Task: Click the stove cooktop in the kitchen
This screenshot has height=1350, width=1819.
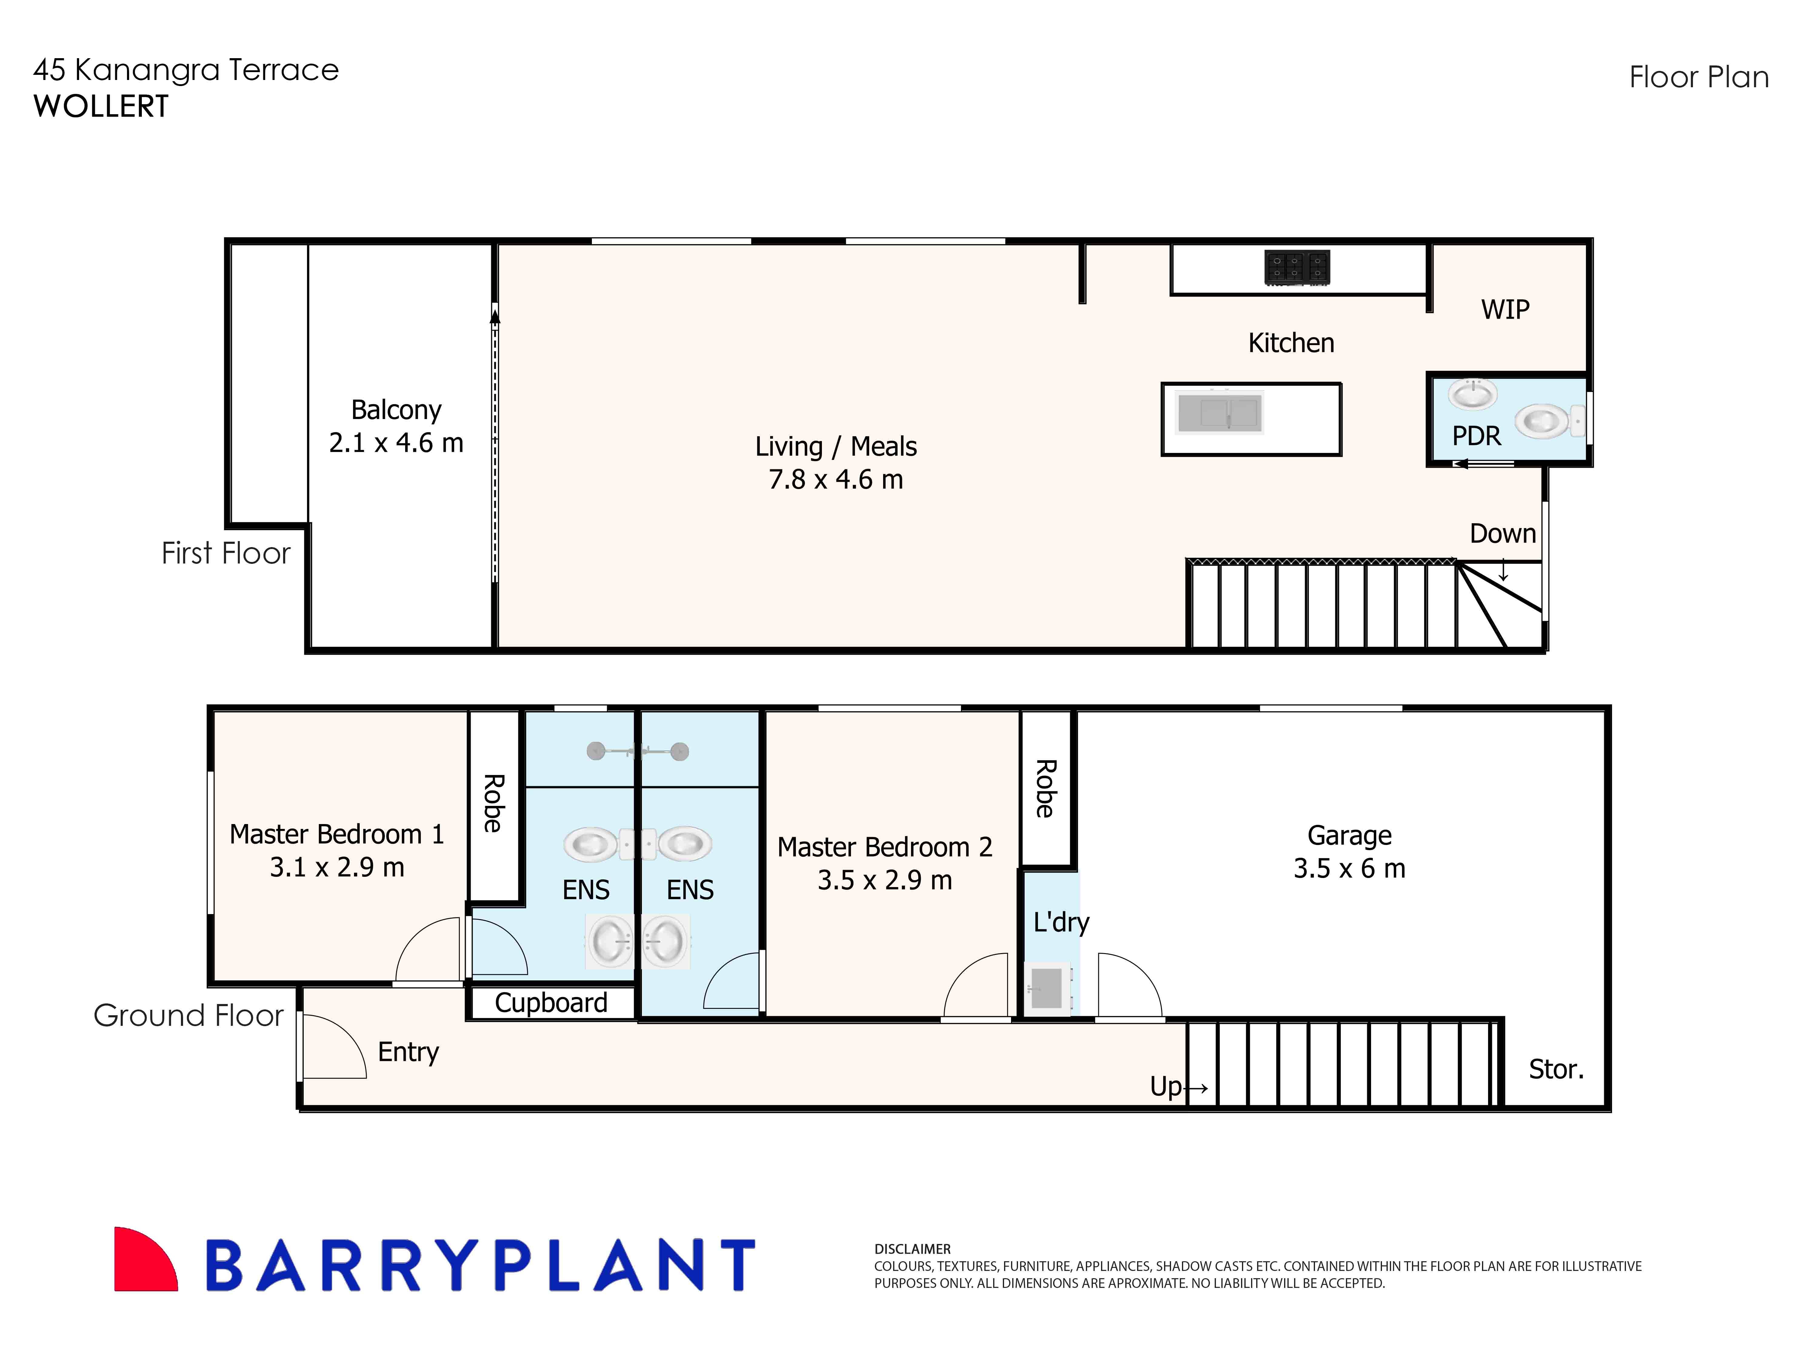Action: (1297, 267)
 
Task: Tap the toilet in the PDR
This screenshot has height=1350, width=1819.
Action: (1547, 422)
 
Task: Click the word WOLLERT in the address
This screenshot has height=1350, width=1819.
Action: (101, 106)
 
